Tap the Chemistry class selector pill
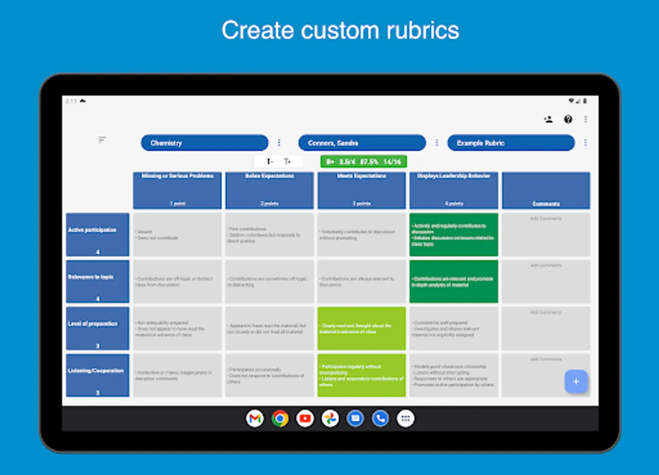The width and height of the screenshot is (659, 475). [204, 143]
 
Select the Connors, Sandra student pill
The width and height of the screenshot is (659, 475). [362, 143]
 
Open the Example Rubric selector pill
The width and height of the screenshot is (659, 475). [511, 143]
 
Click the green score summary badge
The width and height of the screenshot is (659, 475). [364, 161]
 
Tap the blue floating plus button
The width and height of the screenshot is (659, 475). [576, 382]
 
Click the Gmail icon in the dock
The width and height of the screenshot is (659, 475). [255, 419]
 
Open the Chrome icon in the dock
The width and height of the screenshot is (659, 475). [280, 419]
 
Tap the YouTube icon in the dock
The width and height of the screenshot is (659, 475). [305, 419]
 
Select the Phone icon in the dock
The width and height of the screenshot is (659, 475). [380, 419]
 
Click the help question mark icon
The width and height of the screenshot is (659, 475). [568, 119]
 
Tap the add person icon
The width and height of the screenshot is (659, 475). [549, 119]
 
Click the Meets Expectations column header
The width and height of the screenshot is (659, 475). [361, 190]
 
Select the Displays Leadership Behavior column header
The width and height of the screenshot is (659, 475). [454, 190]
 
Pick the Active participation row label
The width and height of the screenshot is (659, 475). [98, 234]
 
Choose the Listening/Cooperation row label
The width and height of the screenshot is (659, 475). [98, 375]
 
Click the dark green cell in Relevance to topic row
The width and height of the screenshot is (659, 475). [454, 281]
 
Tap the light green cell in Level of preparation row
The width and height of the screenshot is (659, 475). [361, 328]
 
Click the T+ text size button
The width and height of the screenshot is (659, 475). [288, 161]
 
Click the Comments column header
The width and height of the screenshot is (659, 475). [546, 190]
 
